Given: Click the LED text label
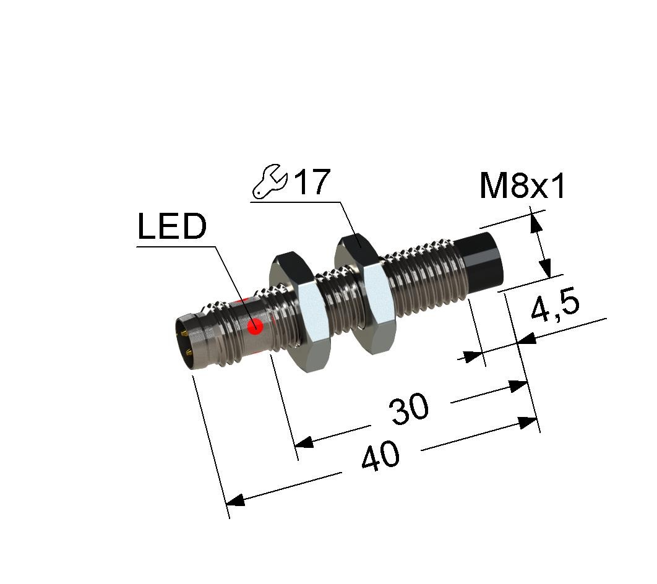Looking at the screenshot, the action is (172, 226).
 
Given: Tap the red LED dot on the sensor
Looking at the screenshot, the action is (254, 327).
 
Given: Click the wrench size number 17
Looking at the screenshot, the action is (312, 182).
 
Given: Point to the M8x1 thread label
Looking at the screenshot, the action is (523, 186).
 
